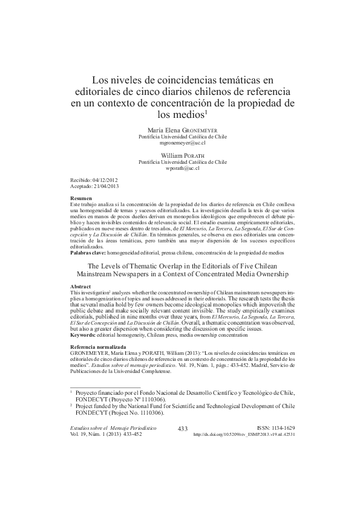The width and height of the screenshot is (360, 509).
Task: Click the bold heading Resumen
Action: (x=81, y=198)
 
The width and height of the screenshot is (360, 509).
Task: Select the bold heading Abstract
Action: (x=81, y=286)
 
